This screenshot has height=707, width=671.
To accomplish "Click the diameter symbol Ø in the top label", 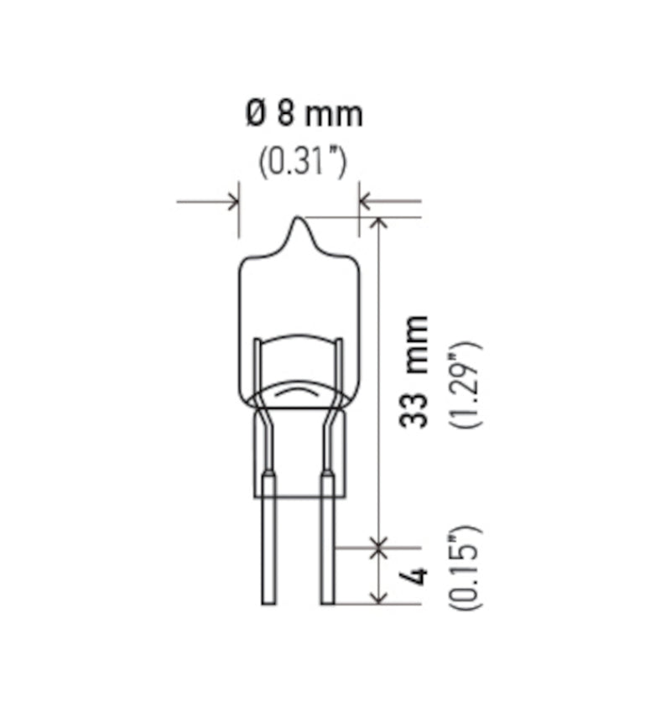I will [255, 112].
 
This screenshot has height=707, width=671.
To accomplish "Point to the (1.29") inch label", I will [466, 385].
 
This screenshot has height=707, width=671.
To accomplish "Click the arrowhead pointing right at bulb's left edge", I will [232, 201].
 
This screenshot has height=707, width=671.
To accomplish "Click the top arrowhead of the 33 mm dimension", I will [379, 223].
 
